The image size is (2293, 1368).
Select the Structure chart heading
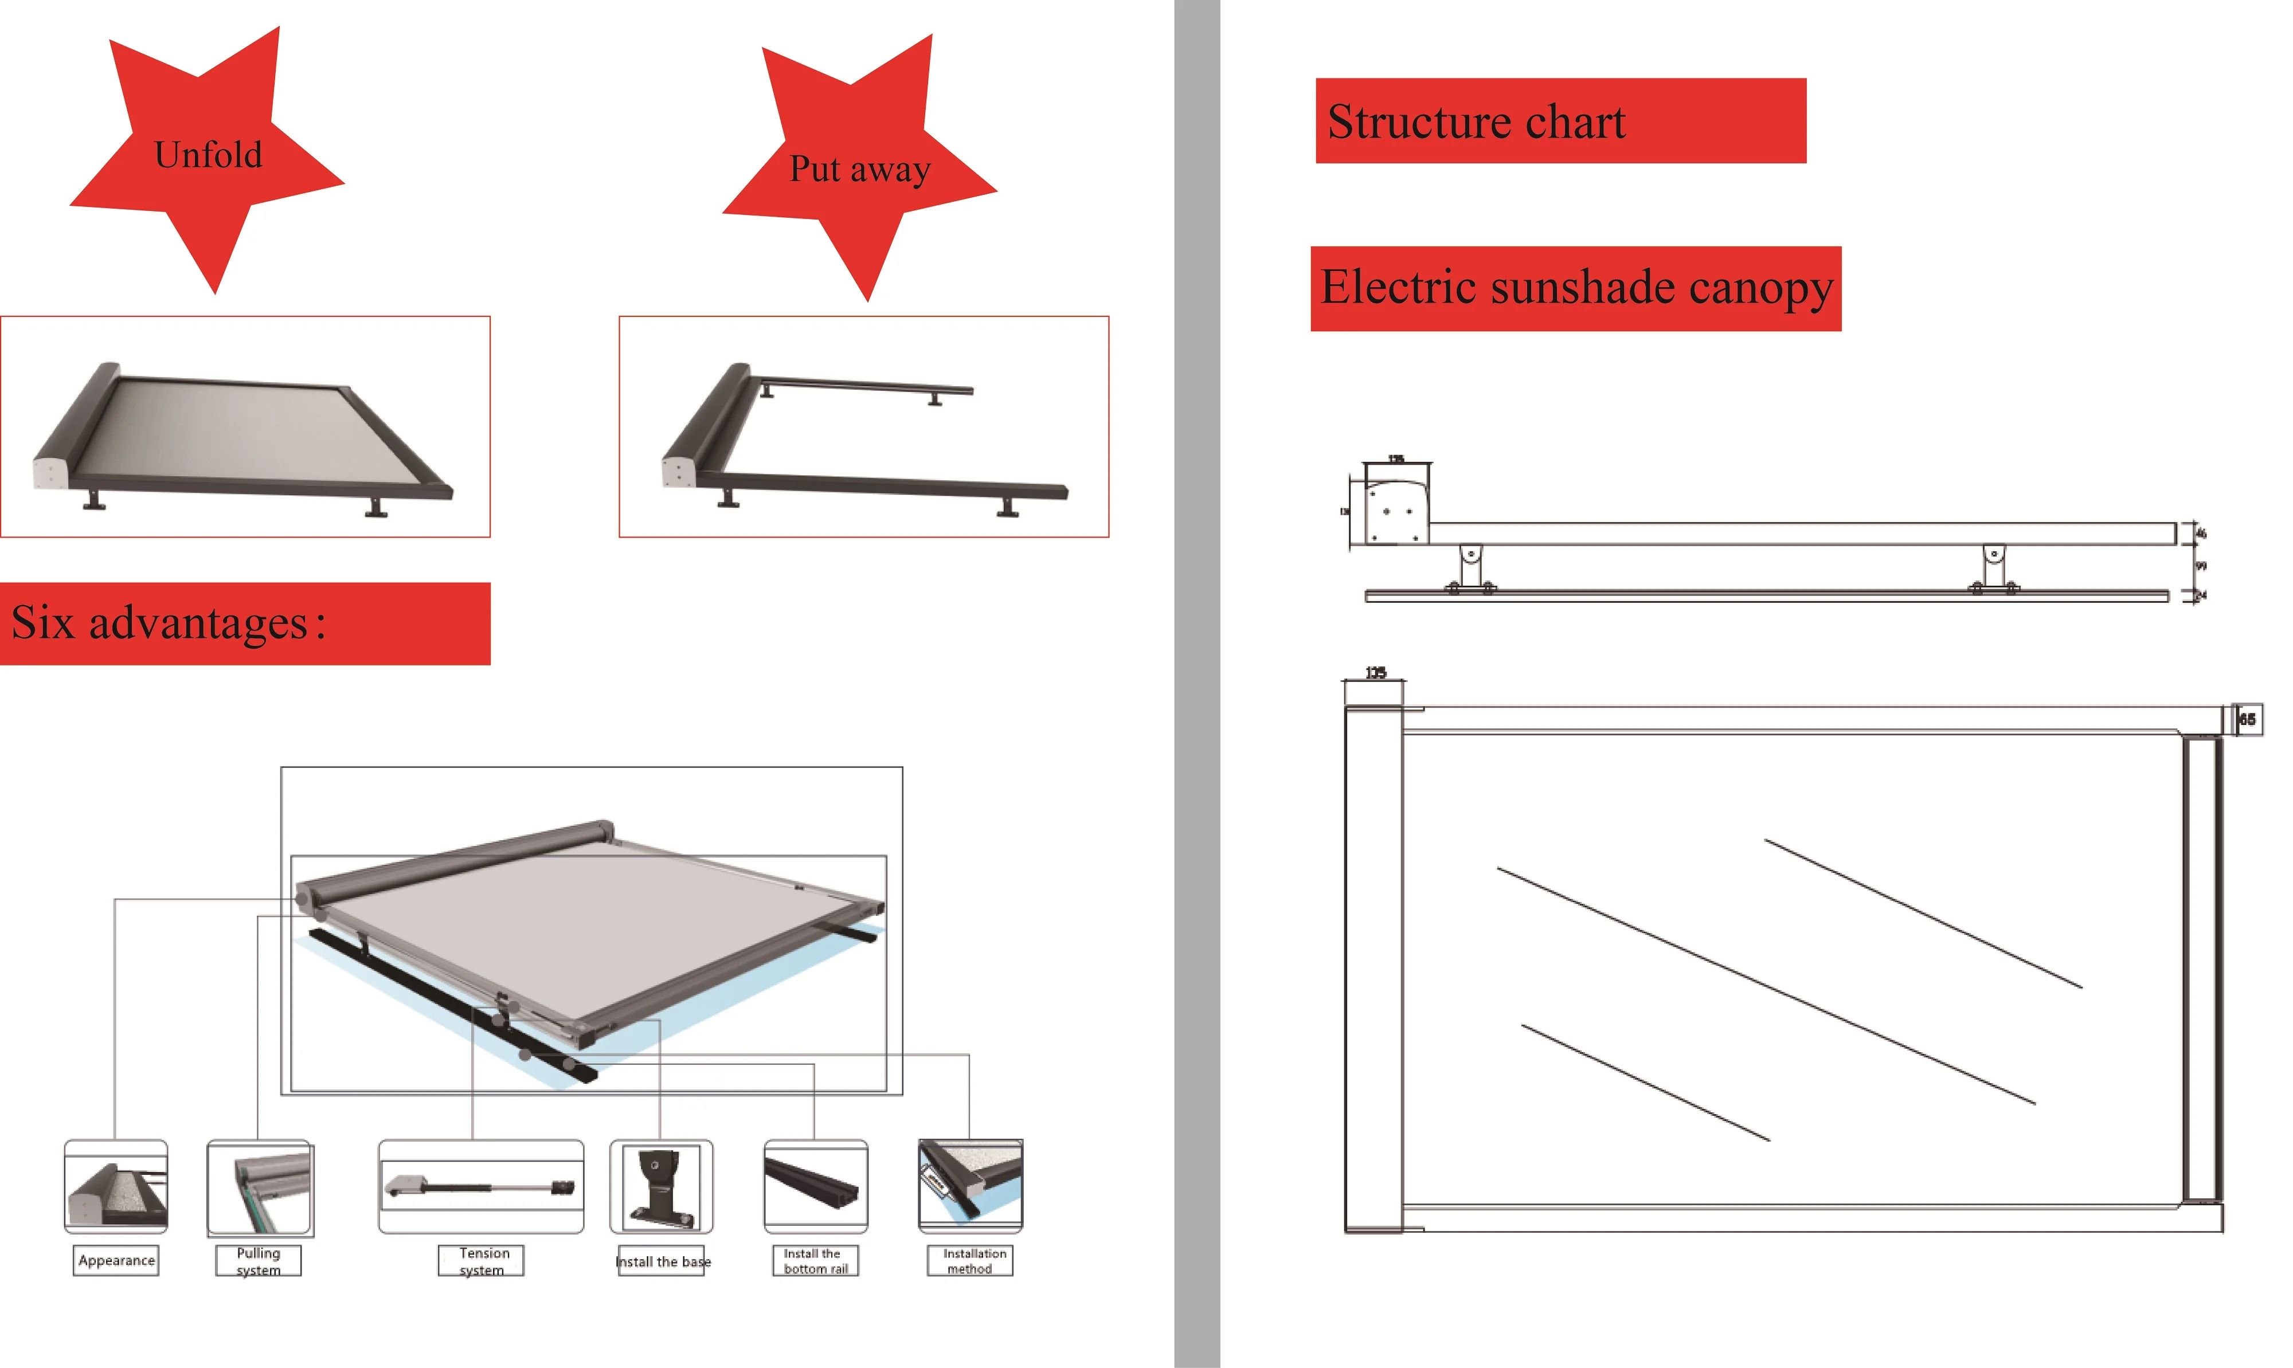coord(1559,121)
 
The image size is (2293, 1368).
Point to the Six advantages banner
coord(244,623)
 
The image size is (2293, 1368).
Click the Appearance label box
coord(116,1260)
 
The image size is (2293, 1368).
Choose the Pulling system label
coord(258,1261)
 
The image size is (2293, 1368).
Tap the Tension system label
coord(482,1261)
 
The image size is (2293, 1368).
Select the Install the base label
coord(662,1261)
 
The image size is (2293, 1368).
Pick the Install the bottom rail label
coord(815,1261)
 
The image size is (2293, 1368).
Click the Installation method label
coord(970,1261)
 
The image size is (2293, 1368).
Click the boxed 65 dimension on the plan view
coord(2247,719)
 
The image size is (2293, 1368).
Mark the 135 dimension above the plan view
coord(1375,673)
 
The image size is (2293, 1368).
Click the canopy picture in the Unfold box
coord(244,433)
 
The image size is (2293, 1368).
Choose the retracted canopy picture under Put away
coord(863,433)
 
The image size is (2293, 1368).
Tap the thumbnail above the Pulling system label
coord(260,1188)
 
